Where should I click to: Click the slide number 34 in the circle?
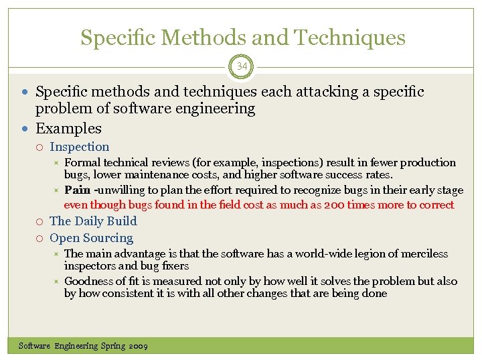[241, 66]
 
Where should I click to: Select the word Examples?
[68, 128]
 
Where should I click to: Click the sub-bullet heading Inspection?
[79, 147]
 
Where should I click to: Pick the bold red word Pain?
[78, 190]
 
